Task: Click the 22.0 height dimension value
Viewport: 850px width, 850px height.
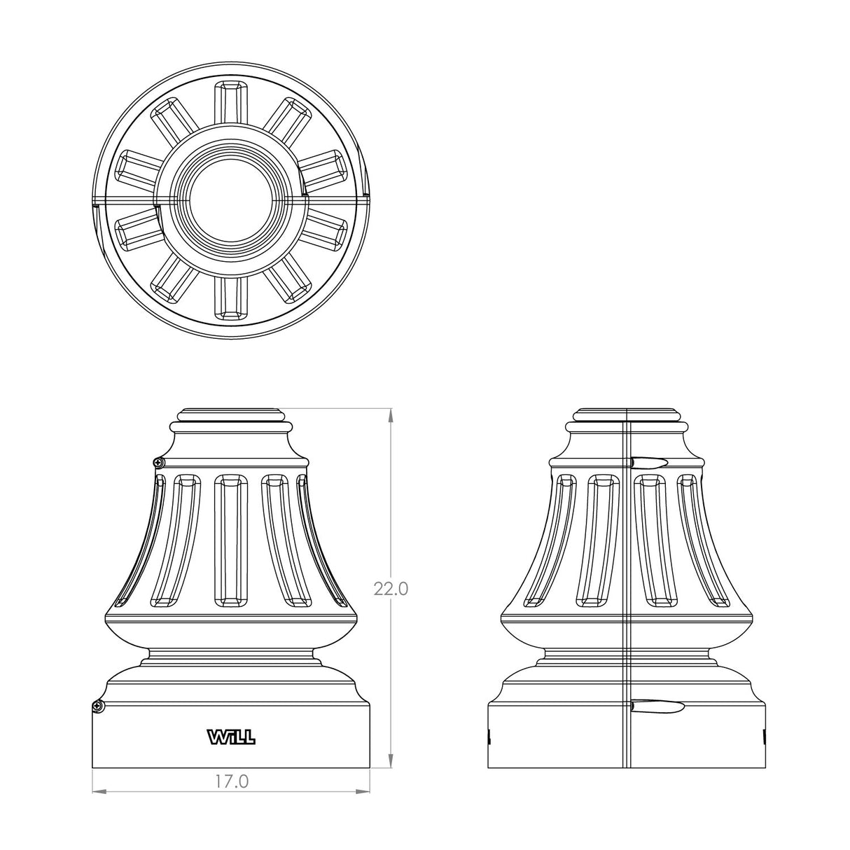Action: (x=391, y=589)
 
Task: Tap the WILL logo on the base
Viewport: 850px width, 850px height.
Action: (x=231, y=737)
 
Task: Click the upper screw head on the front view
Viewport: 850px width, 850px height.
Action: (x=159, y=462)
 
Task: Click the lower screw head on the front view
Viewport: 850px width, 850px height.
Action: (x=99, y=706)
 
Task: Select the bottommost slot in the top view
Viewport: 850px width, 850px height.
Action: (x=231, y=299)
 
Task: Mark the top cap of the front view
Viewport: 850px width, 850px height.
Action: (x=231, y=413)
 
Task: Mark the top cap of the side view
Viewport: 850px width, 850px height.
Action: (x=627, y=413)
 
